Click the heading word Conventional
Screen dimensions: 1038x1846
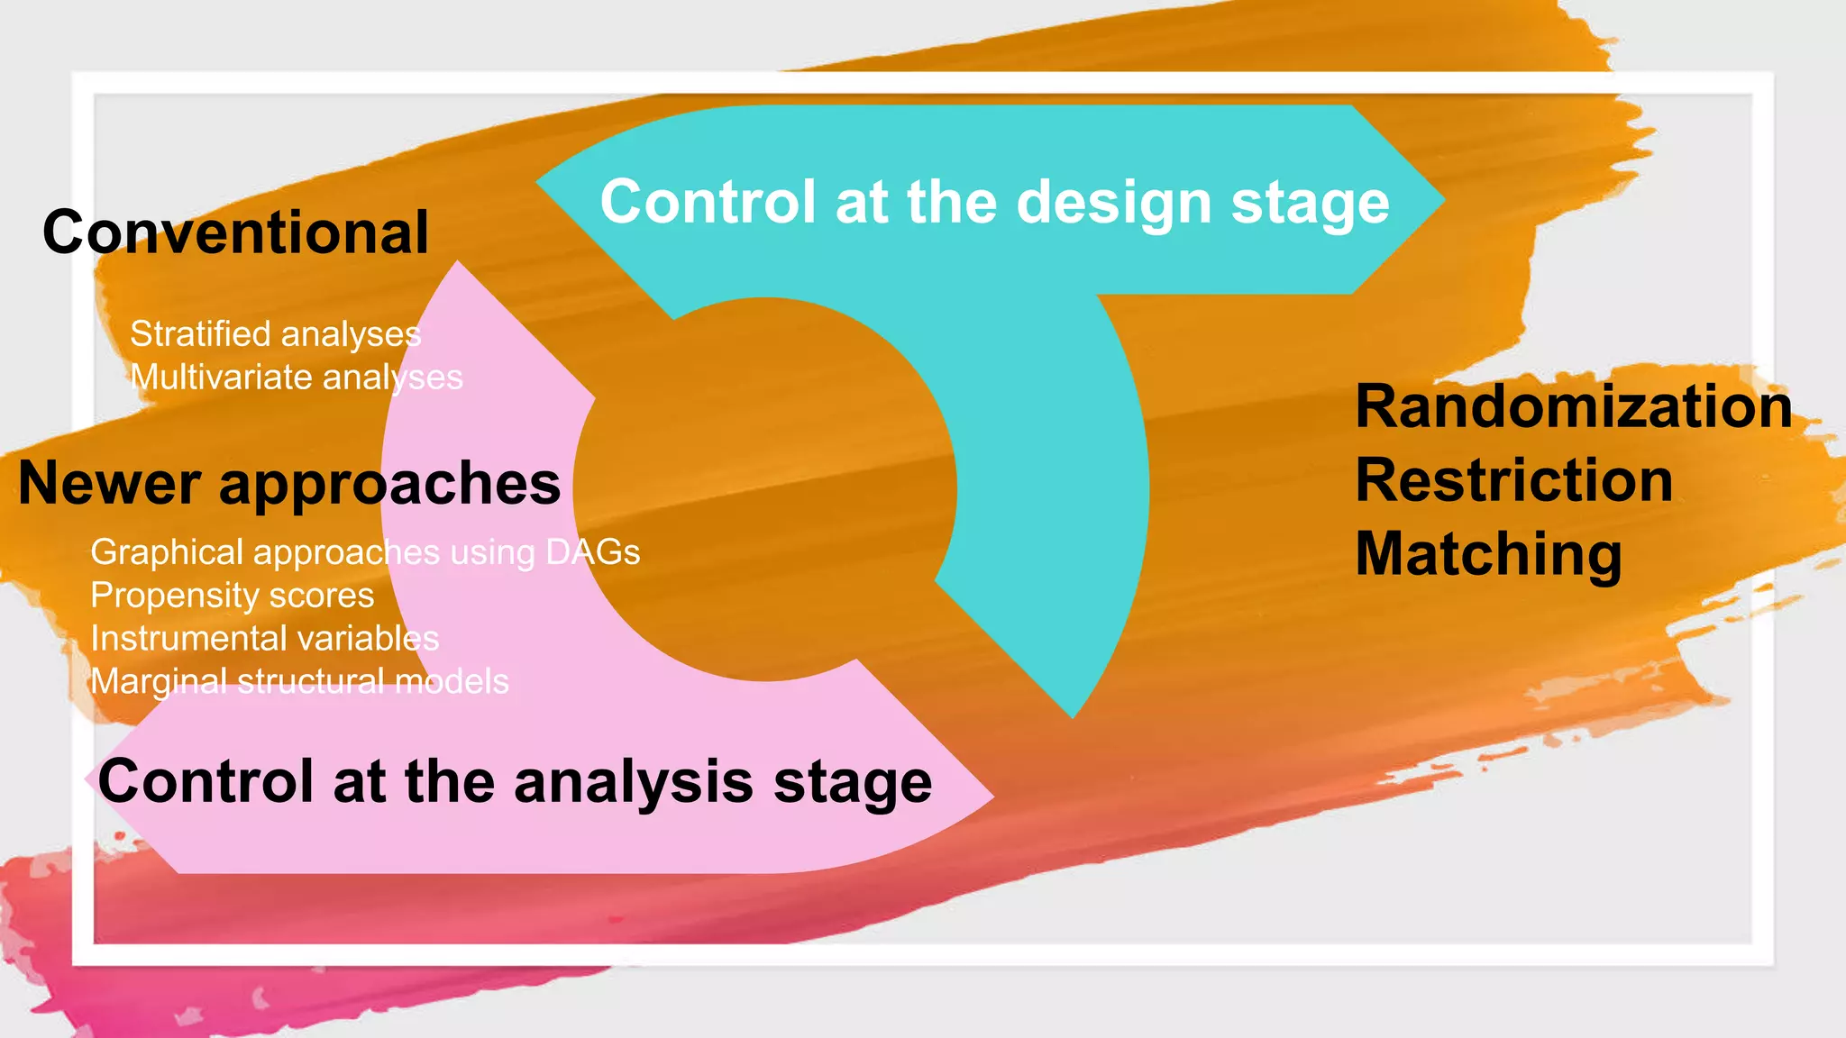tap(235, 232)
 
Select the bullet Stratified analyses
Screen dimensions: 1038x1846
tap(275, 334)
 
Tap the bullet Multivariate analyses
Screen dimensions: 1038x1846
tap(297, 378)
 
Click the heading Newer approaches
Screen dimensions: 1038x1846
tap(289, 484)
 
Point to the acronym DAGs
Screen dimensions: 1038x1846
tap(593, 552)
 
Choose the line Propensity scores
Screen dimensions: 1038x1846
tap(233, 596)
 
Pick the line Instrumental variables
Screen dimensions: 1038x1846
tap(265, 639)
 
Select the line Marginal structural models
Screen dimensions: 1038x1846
tap(300, 682)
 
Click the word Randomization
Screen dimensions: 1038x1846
tap(1574, 406)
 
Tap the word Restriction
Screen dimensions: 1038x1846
tap(1514, 480)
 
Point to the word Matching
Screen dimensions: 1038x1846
tap(1489, 553)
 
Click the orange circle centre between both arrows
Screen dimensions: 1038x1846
tap(764, 488)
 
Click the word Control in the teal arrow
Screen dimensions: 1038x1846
tap(708, 202)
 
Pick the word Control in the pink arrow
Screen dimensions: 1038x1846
tap(206, 781)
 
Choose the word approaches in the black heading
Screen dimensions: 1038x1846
tap(389, 485)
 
